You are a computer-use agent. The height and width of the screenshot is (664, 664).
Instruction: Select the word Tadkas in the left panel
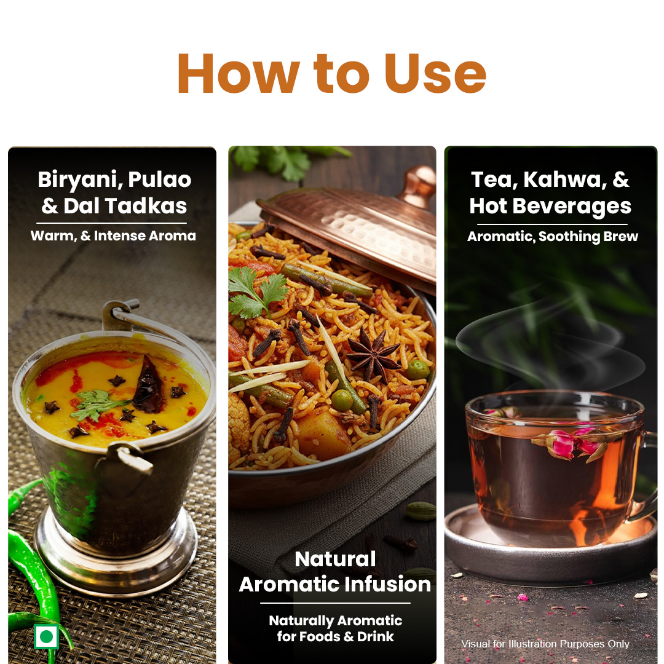[x=146, y=206]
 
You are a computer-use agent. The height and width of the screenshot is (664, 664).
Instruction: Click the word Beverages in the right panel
[x=572, y=207]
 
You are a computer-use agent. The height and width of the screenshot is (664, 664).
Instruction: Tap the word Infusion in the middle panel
[x=387, y=584]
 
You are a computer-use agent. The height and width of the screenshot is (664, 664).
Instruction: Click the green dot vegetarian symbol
[x=46, y=636]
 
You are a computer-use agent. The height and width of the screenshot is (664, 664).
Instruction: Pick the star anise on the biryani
[x=373, y=355]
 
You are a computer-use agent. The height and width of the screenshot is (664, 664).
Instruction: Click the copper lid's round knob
[x=417, y=186]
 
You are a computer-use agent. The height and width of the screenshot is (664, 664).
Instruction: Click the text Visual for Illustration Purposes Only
[x=545, y=644]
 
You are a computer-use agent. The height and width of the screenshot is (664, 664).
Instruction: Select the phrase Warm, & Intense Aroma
[x=113, y=236]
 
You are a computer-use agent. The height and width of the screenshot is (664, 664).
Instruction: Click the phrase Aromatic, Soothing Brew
[x=552, y=236]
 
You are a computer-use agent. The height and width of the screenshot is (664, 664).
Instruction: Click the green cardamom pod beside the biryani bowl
[x=421, y=511]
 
